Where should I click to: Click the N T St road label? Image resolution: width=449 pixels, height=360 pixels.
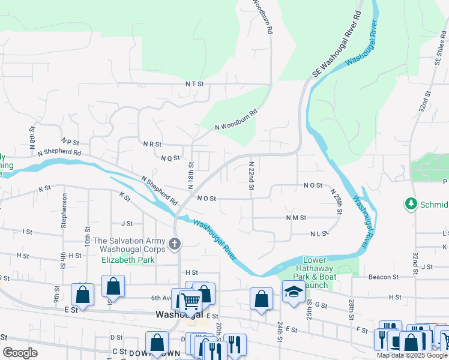pos(194,85)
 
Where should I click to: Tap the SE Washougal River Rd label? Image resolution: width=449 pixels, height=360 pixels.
pos(338,43)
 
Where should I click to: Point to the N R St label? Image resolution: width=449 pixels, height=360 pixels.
pos(152,145)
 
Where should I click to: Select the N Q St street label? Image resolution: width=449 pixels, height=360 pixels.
pos(170,158)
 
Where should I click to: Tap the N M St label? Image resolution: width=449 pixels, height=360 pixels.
pos(296,218)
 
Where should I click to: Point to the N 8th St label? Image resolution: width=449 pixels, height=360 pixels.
pos(32,137)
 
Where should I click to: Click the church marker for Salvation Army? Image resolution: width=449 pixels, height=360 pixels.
pos(175,244)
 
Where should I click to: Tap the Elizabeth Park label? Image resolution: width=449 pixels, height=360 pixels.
pos(128,260)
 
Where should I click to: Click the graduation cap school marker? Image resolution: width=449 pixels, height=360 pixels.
pos(293,292)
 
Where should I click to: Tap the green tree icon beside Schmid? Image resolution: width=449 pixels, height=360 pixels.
pos(411,204)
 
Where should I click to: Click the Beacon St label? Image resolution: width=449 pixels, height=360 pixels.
pos(384,277)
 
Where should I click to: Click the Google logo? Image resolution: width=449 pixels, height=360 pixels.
pos(20,353)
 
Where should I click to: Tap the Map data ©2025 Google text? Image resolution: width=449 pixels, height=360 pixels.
pos(412,355)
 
